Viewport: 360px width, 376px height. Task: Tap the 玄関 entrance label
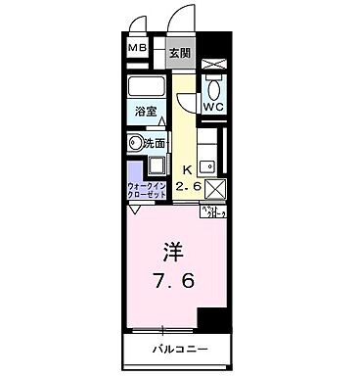(x=178, y=53)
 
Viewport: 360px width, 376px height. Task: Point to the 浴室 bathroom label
(x=145, y=112)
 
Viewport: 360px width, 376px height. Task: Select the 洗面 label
(x=156, y=144)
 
